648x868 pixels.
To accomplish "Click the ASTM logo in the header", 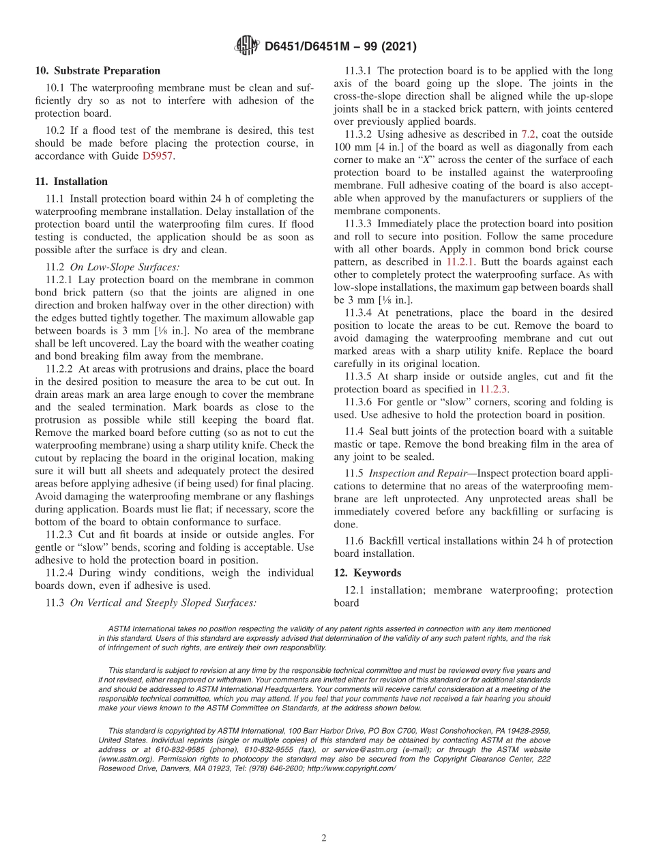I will point(246,46).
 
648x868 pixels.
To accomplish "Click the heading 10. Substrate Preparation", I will point(98,71).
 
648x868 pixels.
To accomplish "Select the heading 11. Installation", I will point(71,182).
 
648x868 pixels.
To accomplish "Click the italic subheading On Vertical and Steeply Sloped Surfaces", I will point(163,603).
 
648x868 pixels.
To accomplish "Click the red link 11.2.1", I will point(462,261).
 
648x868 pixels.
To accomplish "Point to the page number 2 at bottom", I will point(324,838).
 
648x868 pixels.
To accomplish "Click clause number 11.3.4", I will point(361,313).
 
